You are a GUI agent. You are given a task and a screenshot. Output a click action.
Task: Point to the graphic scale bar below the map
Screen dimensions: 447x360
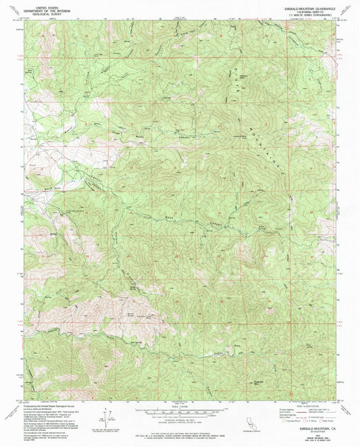[x=180, y=411]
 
